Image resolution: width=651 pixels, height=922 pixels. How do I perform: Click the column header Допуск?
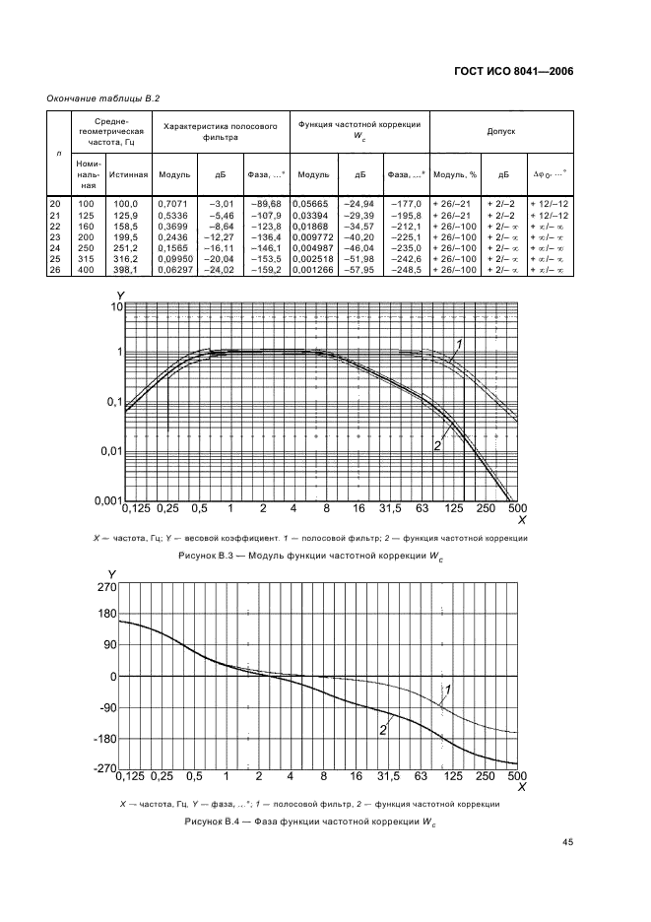pos(501,130)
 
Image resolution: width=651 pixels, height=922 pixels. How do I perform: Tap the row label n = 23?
pos(55,236)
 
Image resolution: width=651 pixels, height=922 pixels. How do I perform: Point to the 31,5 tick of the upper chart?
pos(391,509)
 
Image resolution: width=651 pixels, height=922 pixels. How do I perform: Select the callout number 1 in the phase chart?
pos(448,689)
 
